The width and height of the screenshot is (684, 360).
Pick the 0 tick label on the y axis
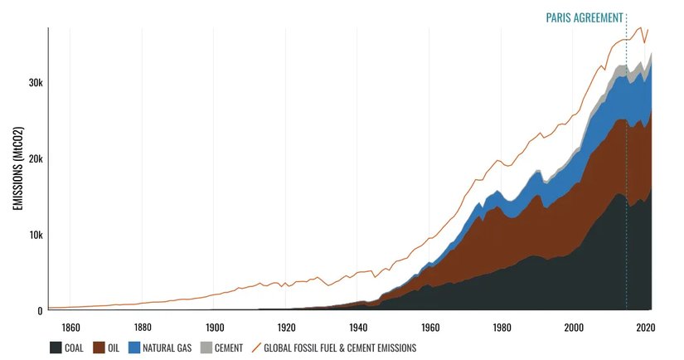(39, 311)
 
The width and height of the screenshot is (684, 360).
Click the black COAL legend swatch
(56, 348)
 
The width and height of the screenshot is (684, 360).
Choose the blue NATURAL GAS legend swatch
(134, 348)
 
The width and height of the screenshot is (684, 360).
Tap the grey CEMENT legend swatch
(208, 348)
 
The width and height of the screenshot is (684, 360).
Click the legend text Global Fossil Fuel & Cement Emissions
(339, 348)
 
